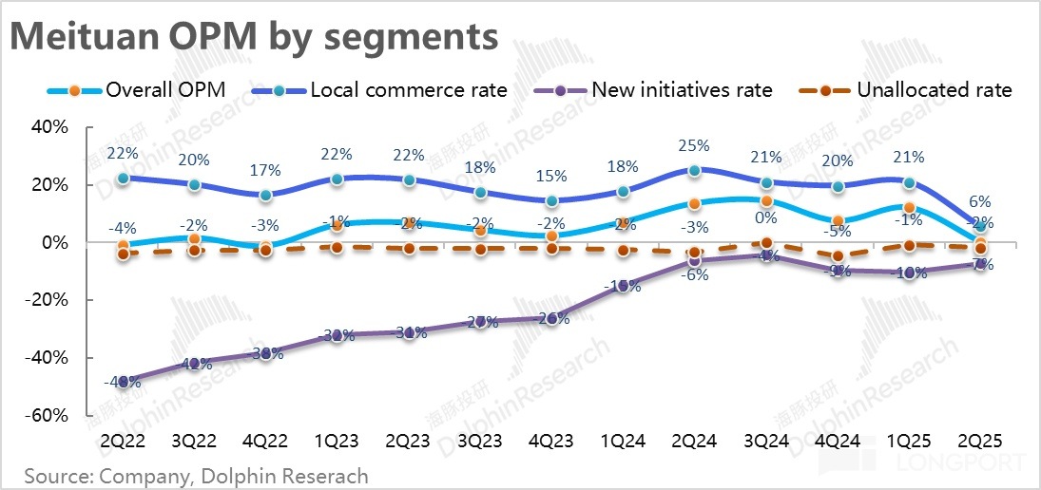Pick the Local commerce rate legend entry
(380, 90)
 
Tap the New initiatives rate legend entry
(655, 90)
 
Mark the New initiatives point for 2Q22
(123, 381)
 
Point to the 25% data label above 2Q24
(695, 146)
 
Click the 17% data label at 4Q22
(265, 171)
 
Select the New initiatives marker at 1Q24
(623, 285)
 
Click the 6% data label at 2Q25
(980, 202)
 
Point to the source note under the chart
(196, 475)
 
